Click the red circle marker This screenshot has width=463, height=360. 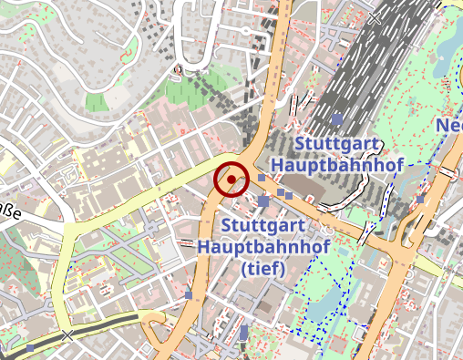[x=231, y=180]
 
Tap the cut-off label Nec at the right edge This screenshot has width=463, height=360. [x=449, y=125]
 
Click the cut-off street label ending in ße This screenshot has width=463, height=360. [x=10, y=215]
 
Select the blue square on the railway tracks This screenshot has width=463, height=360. [x=337, y=119]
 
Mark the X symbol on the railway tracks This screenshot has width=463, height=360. [x=376, y=15]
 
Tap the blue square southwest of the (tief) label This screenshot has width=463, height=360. [x=189, y=295]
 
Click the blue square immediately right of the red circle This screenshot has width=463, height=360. [x=261, y=179]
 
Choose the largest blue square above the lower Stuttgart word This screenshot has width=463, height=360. [x=264, y=201]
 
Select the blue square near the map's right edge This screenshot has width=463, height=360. [x=420, y=199]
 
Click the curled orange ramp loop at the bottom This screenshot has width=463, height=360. [x=156, y=326]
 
